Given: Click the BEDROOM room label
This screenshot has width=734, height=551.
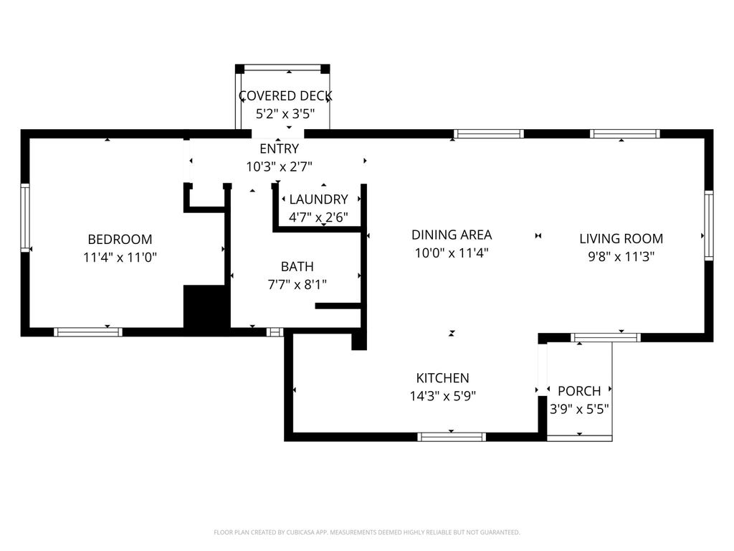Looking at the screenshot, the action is [x=120, y=240].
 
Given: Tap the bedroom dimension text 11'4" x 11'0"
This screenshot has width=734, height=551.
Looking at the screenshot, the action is [x=120, y=258].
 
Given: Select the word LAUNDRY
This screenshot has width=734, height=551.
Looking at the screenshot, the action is [x=318, y=199].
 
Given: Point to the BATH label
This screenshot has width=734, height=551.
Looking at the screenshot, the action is [x=297, y=267].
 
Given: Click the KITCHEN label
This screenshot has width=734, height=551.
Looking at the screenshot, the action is [x=442, y=378].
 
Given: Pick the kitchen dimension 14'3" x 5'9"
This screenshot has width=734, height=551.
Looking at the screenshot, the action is [x=442, y=396].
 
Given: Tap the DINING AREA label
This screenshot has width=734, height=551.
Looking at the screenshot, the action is [x=452, y=235].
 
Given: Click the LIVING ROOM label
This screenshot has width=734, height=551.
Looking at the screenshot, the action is [x=621, y=238].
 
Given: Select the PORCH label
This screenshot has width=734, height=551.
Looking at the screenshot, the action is [x=579, y=391].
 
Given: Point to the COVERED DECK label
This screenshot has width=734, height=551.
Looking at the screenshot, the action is [x=285, y=96].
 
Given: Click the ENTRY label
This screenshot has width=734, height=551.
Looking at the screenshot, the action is [x=279, y=149].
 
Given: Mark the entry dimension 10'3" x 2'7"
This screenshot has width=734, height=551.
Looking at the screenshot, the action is [x=279, y=166].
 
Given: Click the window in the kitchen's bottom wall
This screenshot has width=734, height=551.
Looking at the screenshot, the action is [x=452, y=437].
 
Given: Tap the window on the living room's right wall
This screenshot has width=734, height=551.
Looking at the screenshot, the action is [x=709, y=225].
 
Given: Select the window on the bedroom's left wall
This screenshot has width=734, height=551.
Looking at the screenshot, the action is [x=25, y=218].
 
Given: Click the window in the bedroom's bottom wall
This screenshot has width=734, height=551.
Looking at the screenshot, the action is [x=88, y=332].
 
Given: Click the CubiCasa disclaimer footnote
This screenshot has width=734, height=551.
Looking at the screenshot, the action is [x=366, y=532].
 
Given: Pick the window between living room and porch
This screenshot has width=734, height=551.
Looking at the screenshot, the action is [x=605, y=338].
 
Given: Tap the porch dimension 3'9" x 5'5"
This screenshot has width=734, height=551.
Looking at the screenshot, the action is [x=579, y=410].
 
